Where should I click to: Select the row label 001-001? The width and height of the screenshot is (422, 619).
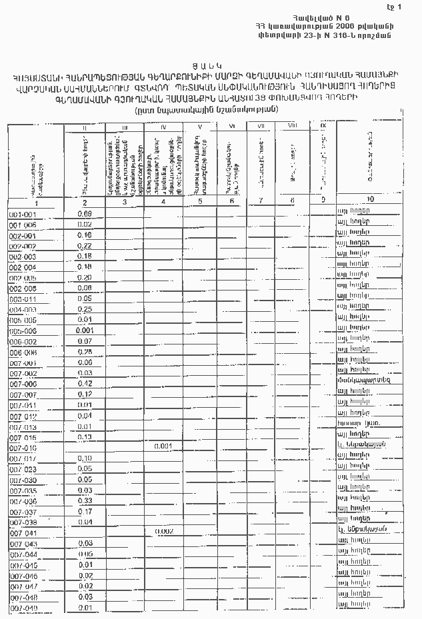coord(23,215)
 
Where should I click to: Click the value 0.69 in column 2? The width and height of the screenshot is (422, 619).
coord(85,213)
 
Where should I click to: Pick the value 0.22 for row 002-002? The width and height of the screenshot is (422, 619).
coord(85,246)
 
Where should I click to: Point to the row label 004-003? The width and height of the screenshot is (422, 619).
coord(23,310)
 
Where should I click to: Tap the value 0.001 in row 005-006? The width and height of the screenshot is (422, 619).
coord(85,330)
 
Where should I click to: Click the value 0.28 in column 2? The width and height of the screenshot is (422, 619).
coord(85,352)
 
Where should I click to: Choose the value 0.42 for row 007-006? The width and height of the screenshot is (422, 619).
coord(85,384)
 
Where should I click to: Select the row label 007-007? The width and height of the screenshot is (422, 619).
coord(23,395)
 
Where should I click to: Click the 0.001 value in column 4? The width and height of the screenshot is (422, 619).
coord(163,446)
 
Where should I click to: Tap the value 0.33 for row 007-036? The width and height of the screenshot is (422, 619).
coord(85,500)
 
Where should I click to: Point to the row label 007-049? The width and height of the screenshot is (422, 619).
coord(23,608)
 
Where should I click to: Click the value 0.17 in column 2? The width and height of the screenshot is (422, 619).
coord(85,511)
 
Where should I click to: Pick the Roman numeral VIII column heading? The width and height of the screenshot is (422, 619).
coord(292,125)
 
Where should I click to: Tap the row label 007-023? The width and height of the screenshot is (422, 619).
coord(23,469)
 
